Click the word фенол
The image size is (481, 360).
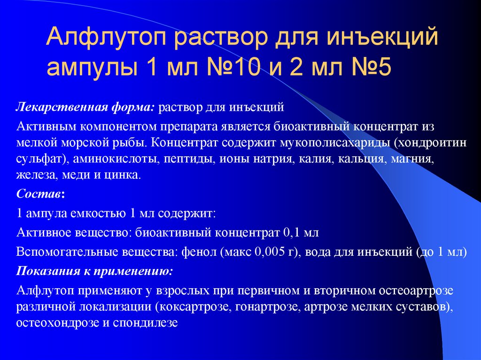point(196,252)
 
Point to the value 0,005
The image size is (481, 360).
point(267,252)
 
